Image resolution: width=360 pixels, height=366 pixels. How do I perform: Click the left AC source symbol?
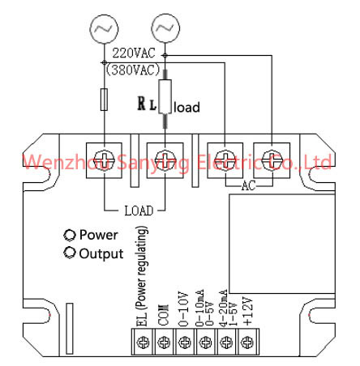tap(104, 28)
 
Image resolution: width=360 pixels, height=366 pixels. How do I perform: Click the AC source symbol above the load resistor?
tap(165, 28)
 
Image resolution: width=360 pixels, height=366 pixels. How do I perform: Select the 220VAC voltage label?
tap(134, 53)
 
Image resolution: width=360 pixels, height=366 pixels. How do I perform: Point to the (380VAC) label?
tap(133, 70)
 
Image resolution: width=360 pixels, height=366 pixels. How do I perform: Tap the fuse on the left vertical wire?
tap(104, 100)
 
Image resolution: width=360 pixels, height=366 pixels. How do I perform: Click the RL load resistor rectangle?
tap(165, 96)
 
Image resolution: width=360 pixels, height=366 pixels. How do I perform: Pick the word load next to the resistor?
tap(186, 107)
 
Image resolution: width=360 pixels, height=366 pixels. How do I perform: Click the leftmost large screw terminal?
tap(104, 160)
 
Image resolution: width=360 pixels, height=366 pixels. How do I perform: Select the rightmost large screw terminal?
tap(272, 160)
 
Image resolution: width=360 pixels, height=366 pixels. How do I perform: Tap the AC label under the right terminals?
tap(248, 185)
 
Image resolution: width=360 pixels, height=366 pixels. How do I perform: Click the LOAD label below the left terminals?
tap(139, 211)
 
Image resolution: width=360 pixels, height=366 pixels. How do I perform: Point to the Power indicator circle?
tap(70, 235)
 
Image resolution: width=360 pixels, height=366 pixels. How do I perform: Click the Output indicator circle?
tap(70, 253)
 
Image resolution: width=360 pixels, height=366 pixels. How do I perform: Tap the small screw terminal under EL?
tap(143, 343)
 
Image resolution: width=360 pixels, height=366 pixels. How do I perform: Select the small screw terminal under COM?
tap(164, 343)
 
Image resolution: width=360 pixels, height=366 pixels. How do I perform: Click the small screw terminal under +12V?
tap(246, 343)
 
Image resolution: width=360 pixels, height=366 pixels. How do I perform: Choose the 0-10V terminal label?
tap(183, 309)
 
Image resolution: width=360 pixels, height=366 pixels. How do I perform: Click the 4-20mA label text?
tap(223, 308)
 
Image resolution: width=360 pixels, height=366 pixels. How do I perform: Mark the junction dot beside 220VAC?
tap(165, 55)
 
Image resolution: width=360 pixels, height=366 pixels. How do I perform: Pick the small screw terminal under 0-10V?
tap(185, 343)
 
